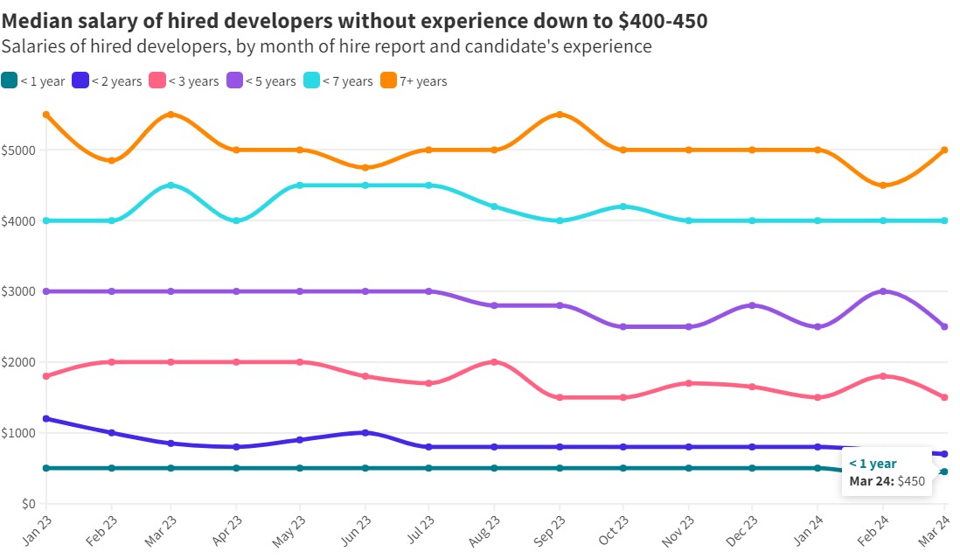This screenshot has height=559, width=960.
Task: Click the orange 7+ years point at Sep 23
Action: pyautogui.click(x=560, y=115)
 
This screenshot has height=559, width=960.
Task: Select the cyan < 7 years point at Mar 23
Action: pyautogui.click(x=170, y=185)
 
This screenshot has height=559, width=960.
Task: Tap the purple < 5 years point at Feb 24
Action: pyautogui.click(x=882, y=291)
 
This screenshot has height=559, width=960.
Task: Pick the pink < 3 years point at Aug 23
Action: pyautogui.click(x=495, y=362)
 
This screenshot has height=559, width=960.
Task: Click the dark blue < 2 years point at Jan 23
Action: pyautogui.click(x=46, y=419)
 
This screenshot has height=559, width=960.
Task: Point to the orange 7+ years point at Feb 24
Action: pyautogui.click(x=882, y=185)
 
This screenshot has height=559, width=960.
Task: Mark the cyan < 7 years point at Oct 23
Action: pyautogui.click(x=623, y=206)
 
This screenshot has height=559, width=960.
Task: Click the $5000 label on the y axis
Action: pyautogui.click(x=19, y=150)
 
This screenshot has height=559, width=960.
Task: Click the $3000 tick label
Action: pyautogui.click(x=19, y=291)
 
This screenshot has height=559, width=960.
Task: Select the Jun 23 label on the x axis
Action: pyautogui.click(x=358, y=529)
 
